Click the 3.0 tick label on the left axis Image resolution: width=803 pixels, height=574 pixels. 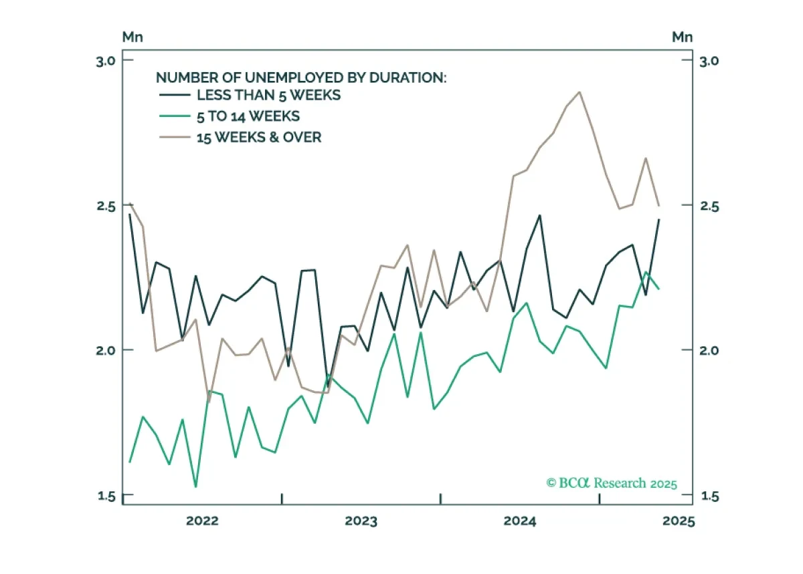click(106, 61)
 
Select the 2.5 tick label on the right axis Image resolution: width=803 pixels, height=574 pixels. click(709, 206)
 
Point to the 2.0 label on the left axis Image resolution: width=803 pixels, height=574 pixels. click(106, 350)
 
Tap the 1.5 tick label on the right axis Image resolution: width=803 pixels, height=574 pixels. click(709, 496)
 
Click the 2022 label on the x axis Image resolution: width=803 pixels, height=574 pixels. click(202, 521)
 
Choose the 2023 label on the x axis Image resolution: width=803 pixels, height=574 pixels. click(361, 521)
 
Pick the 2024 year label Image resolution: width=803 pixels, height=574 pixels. click(520, 521)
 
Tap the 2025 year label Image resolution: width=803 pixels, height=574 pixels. click(679, 521)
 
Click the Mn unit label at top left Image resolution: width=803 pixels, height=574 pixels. click(132, 37)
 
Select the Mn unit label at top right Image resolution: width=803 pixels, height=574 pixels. click(682, 37)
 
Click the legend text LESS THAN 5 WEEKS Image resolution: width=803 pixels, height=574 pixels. click(269, 96)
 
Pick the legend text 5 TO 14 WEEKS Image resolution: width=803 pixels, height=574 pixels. click(248, 116)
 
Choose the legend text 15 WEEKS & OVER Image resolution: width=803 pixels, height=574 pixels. click(259, 138)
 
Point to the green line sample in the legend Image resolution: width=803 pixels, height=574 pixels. click(175, 116)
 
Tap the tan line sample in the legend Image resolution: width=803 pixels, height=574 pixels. click(175, 137)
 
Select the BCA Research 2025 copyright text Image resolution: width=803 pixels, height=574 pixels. click(612, 483)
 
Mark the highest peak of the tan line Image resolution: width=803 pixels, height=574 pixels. click(579, 92)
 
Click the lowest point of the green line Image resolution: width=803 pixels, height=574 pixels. click(195, 486)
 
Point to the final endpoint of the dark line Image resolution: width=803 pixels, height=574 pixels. click(659, 219)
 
